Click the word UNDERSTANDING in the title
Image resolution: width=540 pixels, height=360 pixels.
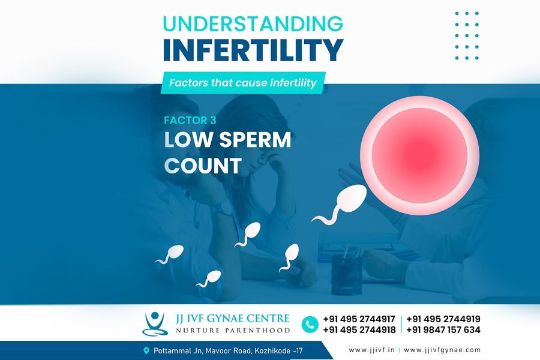pos(253,23)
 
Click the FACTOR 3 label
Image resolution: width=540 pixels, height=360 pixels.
pos(191,119)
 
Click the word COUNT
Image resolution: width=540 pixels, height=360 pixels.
pos(203,166)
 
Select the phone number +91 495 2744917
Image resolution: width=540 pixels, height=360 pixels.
pos(359,319)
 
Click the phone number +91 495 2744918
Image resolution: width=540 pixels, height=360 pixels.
pos(359,330)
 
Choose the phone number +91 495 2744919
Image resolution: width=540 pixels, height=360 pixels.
pos(443,319)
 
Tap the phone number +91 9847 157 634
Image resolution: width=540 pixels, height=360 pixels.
pos(443,330)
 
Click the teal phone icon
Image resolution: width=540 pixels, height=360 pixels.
pos(310,325)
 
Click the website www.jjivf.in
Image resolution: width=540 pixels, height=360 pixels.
pos(372,350)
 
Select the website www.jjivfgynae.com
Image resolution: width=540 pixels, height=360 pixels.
pos(442,350)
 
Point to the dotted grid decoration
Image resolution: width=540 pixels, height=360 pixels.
pos(466,35)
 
